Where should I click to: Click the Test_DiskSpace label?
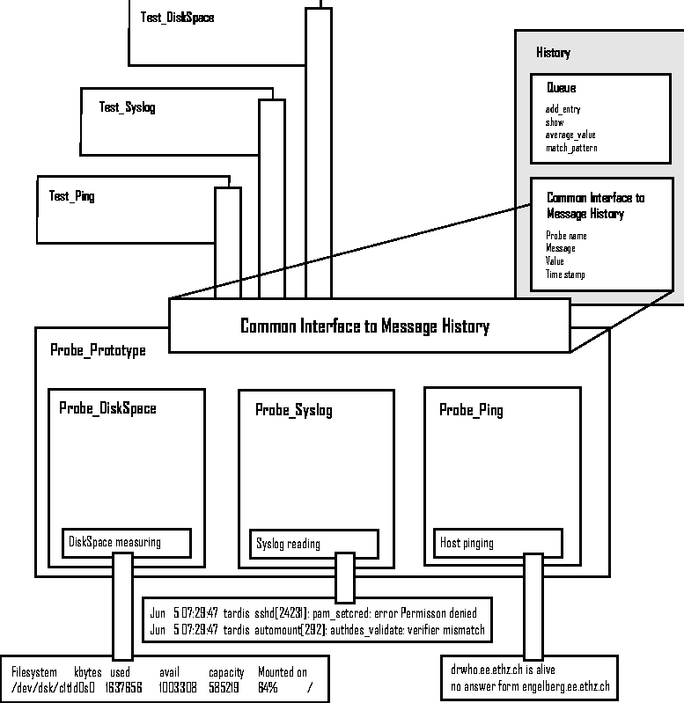[x=177, y=18]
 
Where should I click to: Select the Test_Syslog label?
[x=128, y=107]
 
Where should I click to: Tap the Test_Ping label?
[x=72, y=196]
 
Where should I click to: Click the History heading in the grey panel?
[x=553, y=53]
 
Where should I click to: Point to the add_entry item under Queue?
[x=563, y=109]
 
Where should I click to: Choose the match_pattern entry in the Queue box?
[x=571, y=148]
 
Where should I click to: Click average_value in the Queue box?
[x=570, y=135]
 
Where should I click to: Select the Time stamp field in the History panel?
[x=565, y=275]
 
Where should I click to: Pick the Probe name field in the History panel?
[x=566, y=236]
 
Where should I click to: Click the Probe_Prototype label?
[x=99, y=350]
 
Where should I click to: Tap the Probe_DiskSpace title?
[x=107, y=408]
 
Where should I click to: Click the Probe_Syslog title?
[x=294, y=410]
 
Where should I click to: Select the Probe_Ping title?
[x=471, y=410]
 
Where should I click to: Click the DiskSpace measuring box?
[x=127, y=543]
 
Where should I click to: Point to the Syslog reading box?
[x=313, y=544]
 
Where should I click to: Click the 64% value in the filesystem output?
[x=268, y=687]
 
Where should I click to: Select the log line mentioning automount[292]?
[x=316, y=630]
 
